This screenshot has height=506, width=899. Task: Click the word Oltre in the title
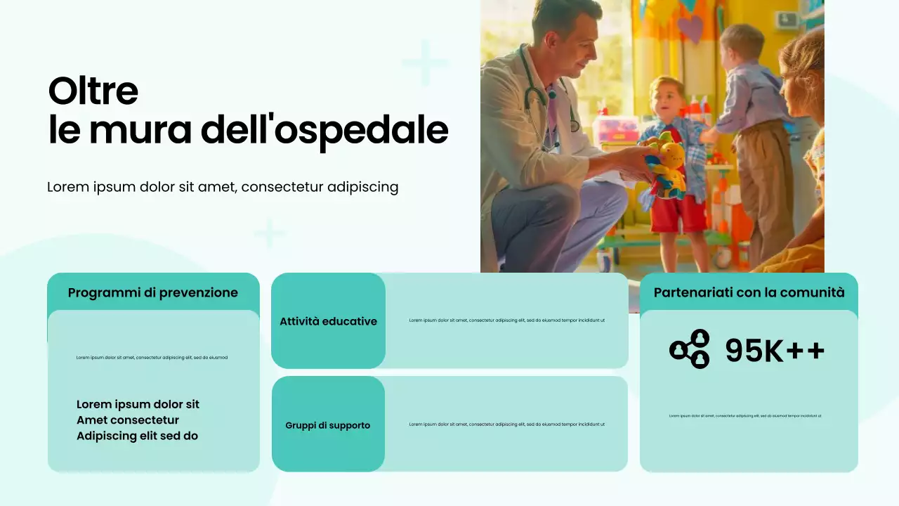click(x=93, y=91)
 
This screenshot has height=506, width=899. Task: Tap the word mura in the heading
click(x=140, y=131)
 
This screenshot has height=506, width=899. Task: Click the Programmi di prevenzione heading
click(x=153, y=292)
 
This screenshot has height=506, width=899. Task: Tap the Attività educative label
click(x=328, y=321)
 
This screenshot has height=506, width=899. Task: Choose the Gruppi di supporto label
click(x=327, y=425)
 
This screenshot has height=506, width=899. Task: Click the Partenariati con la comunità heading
click(x=749, y=292)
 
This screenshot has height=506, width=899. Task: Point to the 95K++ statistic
click(x=775, y=351)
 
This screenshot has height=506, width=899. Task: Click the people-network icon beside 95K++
click(x=690, y=349)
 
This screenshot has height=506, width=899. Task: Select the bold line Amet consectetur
click(x=128, y=420)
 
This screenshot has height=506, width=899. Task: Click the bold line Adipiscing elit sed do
click(x=137, y=436)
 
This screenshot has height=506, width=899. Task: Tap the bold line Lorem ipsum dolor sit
click(x=138, y=404)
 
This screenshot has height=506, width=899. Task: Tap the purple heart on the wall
click(x=691, y=30)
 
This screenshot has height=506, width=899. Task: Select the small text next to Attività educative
click(x=506, y=320)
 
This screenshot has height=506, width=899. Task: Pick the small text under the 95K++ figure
click(x=744, y=416)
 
